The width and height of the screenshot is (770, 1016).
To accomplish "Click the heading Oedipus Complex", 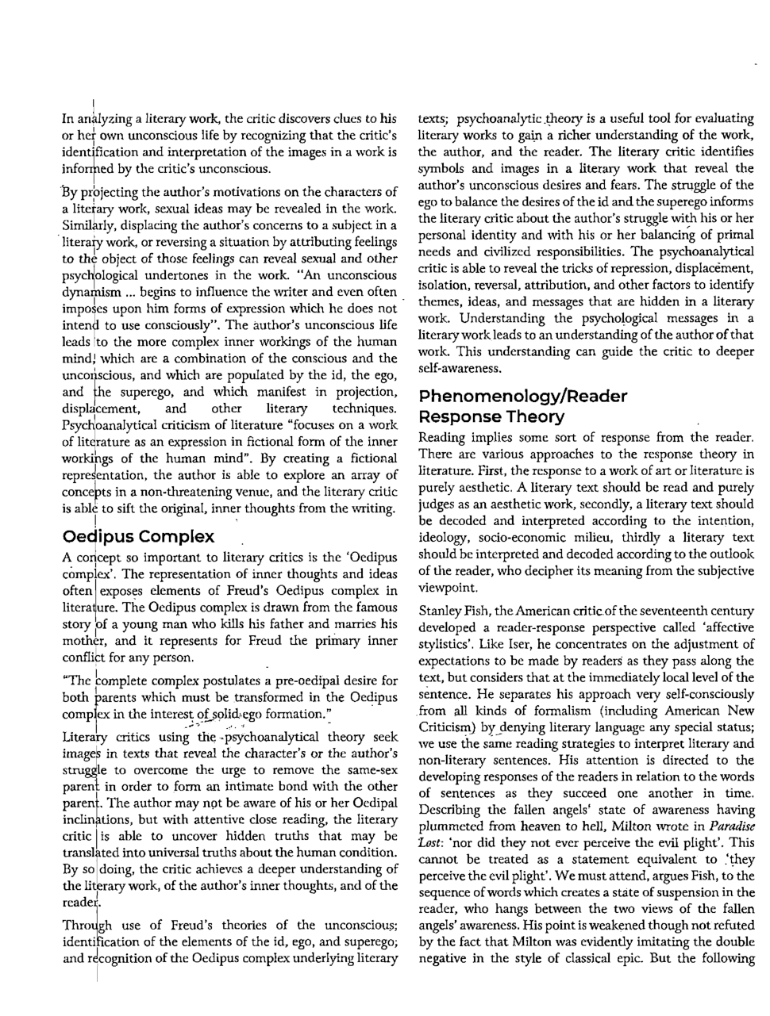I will [x=138, y=536].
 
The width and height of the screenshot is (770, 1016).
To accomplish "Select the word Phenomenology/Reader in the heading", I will [x=522, y=396].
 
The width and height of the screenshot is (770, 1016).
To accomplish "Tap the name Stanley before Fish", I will [x=441, y=611].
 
